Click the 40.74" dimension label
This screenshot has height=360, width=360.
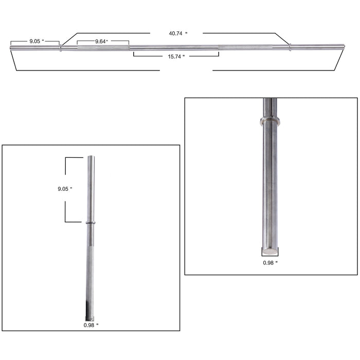pyautogui.click(x=178, y=33)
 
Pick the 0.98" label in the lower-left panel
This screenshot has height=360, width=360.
pyautogui.click(x=91, y=325)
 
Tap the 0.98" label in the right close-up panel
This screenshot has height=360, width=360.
pyautogui.click(x=270, y=263)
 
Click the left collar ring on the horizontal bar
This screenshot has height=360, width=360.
pyautogui.click(x=61, y=48)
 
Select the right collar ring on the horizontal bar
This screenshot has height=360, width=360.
pyautogui.click(x=290, y=47)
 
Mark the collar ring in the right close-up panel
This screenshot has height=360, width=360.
pyautogui.click(x=270, y=121)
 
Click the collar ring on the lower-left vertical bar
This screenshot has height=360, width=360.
pyautogui.click(x=91, y=223)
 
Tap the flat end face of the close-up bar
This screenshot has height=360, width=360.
pyautogui.click(x=270, y=251)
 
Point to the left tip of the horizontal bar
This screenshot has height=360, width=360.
pyautogui.click(x=11, y=48)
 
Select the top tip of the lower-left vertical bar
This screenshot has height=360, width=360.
pyautogui.click(x=91, y=157)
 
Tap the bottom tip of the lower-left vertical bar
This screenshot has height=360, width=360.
pyautogui.click(x=90, y=319)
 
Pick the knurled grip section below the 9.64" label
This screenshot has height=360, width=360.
pyautogui.click(x=103, y=48)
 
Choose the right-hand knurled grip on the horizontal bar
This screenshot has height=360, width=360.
pyautogui.click(x=246, y=47)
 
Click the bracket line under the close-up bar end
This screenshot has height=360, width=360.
pyautogui.click(x=270, y=256)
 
